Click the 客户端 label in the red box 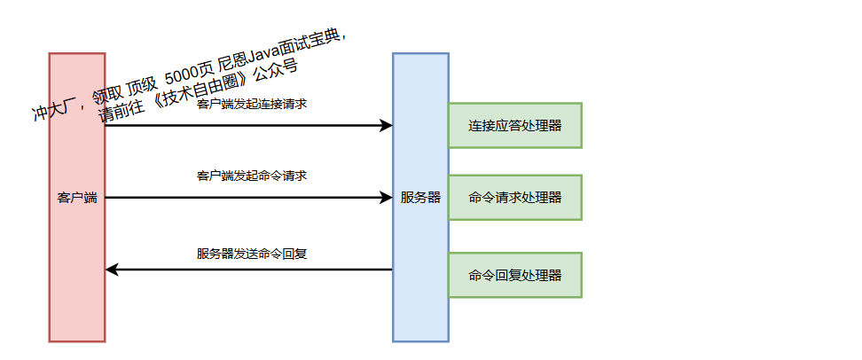click(77, 198)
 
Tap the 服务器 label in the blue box click(420, 198)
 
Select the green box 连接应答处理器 click(514, 126)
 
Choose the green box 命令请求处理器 click(514, 197)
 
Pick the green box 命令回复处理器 click(514, 275)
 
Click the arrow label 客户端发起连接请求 click(252, 104)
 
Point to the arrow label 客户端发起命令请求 click(252, 176)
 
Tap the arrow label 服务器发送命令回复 click(252, 254)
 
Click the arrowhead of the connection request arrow click(387, 125)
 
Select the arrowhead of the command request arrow click(387, 198)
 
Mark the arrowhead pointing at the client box click(112, 270)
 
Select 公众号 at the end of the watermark click(275, 68)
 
